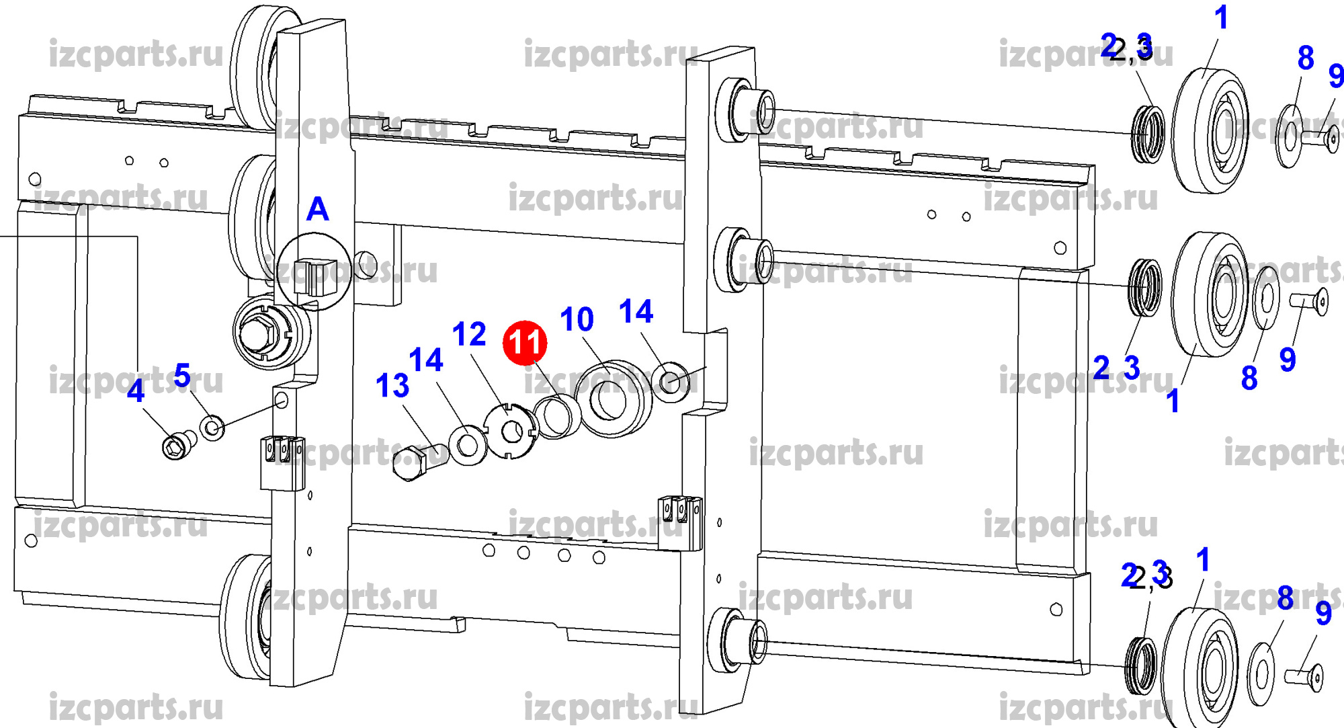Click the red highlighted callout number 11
pyautogui.click(x=525, y=342)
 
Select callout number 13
pyautogui.click(x=392, y=386)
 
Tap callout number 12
pyautogui.click(x=469, y=334)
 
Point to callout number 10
pyautogui.click(x=577, y=319)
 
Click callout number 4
pyautogui.click(x=136, y=391)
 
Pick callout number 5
pyautogui.click(x=181, y=375)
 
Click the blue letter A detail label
pyautogui.click(x=318, y=209)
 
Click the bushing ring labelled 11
pyautogui.click(x=558, y=417)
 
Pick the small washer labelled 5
pyautogui.click(x=212, y=428)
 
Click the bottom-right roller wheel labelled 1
pyautogui.click(x=1200, y=669)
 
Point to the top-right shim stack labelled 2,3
pyautogui.click(x=1147, y=134)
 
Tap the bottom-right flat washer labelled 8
pyautogui.click(x=1261, y=675)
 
